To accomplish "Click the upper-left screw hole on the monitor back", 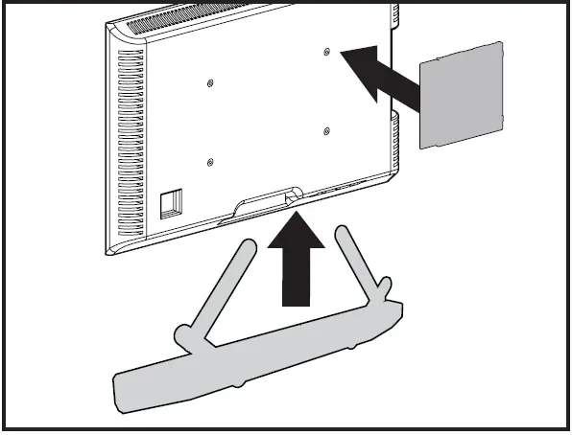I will coord(210,82).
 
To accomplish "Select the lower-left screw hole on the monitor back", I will coord(210,163).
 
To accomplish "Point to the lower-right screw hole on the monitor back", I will coord(327,130).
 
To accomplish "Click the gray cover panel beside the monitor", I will coord(463,94).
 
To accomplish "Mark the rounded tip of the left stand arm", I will coord(248,246).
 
